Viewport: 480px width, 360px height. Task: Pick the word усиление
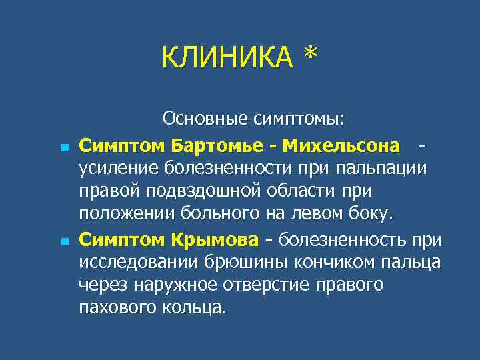(119, 169)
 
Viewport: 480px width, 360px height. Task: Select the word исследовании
(137, 262)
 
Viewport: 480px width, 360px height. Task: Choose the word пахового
(117, 308)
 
